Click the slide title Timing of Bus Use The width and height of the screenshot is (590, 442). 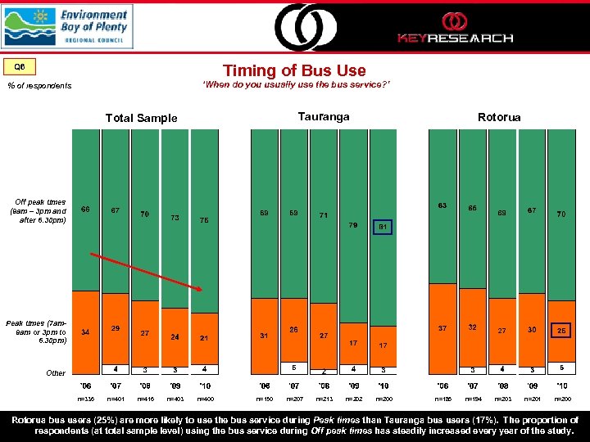point(294,70)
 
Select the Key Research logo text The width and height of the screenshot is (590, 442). point(455,38)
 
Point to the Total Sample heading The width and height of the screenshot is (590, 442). point(141,118)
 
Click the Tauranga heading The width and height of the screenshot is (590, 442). point(324,116)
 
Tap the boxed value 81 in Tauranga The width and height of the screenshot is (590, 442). point(383,227)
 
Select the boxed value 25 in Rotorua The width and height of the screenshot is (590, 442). point(560,331)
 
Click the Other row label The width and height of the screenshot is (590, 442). point(56,372)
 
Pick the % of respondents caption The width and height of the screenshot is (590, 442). point(39,85)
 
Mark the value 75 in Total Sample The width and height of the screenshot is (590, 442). point(204,220)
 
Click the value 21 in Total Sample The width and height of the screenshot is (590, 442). point(204,338)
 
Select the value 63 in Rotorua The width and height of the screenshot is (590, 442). point(442,205)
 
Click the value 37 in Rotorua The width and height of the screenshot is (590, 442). point(442,327)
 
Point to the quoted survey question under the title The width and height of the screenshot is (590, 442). point(294,84)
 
